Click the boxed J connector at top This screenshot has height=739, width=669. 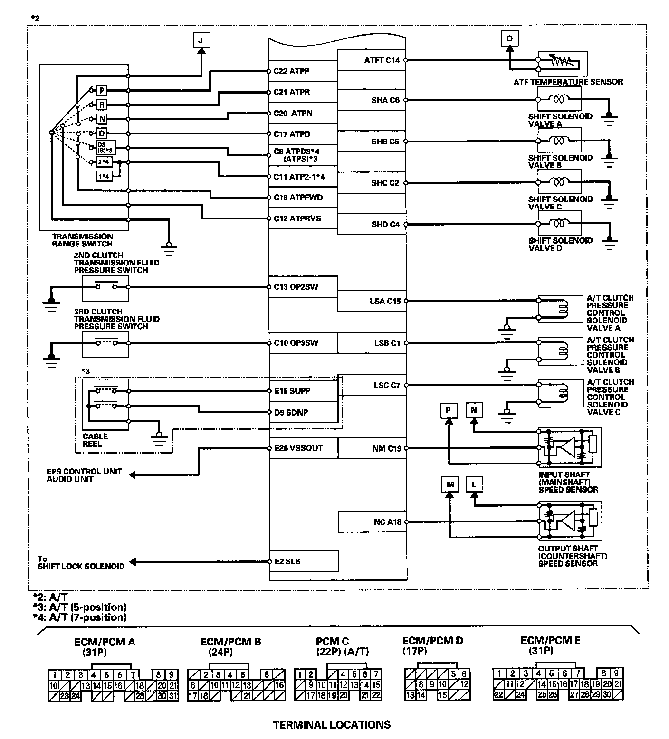click(x=201, y=40)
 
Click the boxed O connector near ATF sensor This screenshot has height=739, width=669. click(x=509, y=38)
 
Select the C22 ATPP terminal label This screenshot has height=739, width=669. click(x=291, y=71)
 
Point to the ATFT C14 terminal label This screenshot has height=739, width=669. click(x=382, y=60)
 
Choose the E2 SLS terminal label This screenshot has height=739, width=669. click(x=287, y=561)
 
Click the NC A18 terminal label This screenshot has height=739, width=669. click(x=387, y=522)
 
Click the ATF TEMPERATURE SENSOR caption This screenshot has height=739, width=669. click(x=568, y=82)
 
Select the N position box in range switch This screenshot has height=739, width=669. click(x=102, y=119)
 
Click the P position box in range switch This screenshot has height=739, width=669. click(x=102, y=90)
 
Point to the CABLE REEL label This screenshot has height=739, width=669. click(x=95, y=440)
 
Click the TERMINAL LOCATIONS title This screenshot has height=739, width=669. click(x=332, y=725)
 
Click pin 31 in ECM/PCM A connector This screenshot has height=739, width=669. click(x=173, y=696)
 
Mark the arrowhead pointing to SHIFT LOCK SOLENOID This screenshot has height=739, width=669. click(x=134, y=562)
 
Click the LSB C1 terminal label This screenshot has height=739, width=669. click(x=387, y=343)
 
